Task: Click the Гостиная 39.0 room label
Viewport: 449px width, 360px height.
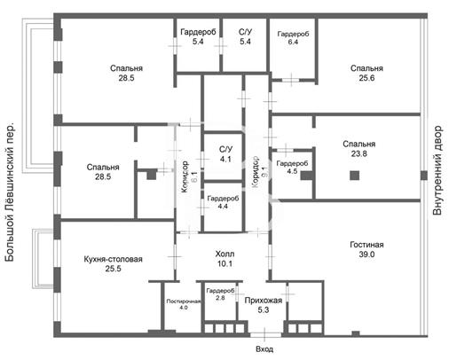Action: (366, 249)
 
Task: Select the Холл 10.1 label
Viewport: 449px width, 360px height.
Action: (224, 259)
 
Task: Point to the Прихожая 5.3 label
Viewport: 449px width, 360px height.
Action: (264, 305)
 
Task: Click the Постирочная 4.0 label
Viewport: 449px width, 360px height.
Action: (184, 304)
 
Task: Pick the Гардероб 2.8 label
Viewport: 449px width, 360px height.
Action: (220, 294)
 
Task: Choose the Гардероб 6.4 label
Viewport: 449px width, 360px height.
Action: (293, 38)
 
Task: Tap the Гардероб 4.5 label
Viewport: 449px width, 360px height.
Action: (292, 167)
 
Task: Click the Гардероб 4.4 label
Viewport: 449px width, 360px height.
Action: (223, 202)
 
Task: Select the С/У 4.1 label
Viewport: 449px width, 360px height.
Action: (225, 154)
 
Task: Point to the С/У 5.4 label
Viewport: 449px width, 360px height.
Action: (245, 36)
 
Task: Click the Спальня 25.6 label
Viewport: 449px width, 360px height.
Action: (366, 73)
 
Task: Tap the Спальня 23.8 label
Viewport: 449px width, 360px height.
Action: (359, 149)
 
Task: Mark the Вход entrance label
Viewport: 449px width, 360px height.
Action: (264, 349)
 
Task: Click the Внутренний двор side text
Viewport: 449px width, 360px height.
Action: (437, 170)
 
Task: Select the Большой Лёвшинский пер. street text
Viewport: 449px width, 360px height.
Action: (10, 192)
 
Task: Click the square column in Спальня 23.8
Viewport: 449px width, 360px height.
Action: (354, 176)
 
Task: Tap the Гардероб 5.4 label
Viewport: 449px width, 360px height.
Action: (198, 36)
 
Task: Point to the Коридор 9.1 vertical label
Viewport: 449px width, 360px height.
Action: (256, 172)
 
